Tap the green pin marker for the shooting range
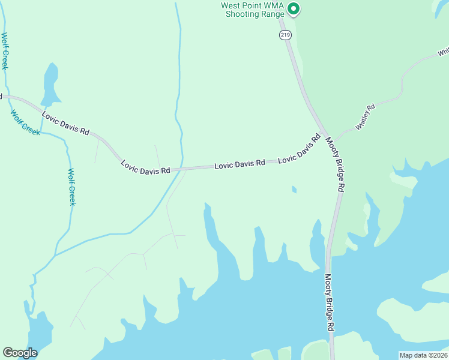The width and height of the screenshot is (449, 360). click(x=293, y=9)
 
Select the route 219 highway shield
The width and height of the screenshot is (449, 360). click(x=285, y=36)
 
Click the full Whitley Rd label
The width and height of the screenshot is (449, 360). click(x=365, y=117)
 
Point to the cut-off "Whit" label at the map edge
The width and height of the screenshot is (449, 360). click(x=442, y=53)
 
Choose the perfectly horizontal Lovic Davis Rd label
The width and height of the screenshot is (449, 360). click(x=240, y=163)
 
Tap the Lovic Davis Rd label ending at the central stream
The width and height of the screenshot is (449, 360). click(x=145, y=167)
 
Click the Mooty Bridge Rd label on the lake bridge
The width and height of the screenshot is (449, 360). click(x=330, y=302)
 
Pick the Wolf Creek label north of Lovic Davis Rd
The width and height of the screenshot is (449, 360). click(x=4, y=51)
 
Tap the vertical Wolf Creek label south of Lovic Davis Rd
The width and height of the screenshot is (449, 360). click(x=71, y=187)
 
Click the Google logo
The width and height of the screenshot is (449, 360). click(x=20, y=353)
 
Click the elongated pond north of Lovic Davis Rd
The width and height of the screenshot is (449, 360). click(x=50, y=84)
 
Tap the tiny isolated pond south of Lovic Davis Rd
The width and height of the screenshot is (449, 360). click(x=294, y=190)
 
